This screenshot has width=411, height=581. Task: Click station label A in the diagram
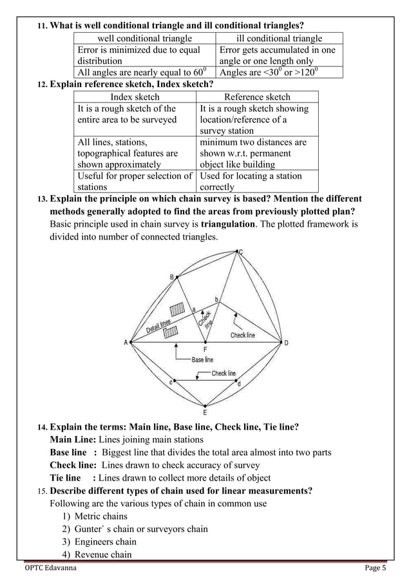click(x=125, y=343)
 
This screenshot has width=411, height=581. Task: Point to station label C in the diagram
click(x=241, y=252)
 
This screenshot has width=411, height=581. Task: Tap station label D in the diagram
click(x=286, y=343)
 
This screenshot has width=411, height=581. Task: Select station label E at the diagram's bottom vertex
click(x=205, y=412)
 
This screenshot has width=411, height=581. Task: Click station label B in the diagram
click(x=171, y=277)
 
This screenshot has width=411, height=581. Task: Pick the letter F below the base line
click(x=205, y=349)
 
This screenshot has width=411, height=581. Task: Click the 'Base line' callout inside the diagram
click(x=202, y=359)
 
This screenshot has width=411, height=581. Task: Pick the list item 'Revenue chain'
click(x=103, y=555)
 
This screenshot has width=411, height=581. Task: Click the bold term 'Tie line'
click(x=66, y=477)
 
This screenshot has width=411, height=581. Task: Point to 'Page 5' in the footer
click(x=375, y=568)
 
